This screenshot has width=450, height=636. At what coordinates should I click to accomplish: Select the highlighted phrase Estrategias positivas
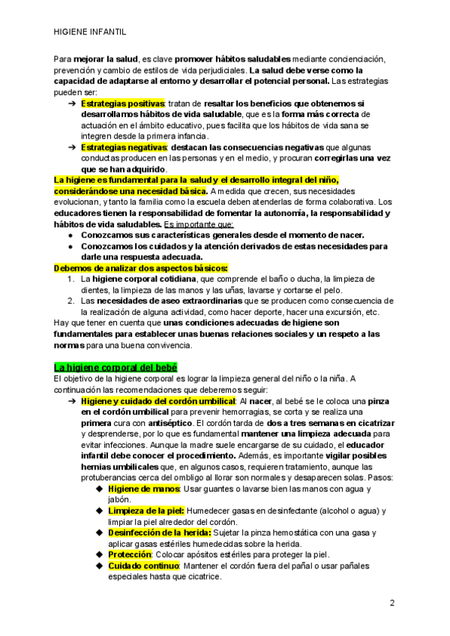tap(122, 103)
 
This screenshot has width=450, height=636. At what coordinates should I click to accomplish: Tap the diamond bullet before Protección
tap(100, 554)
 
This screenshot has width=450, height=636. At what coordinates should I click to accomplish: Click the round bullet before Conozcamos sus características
tap(70, 235)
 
